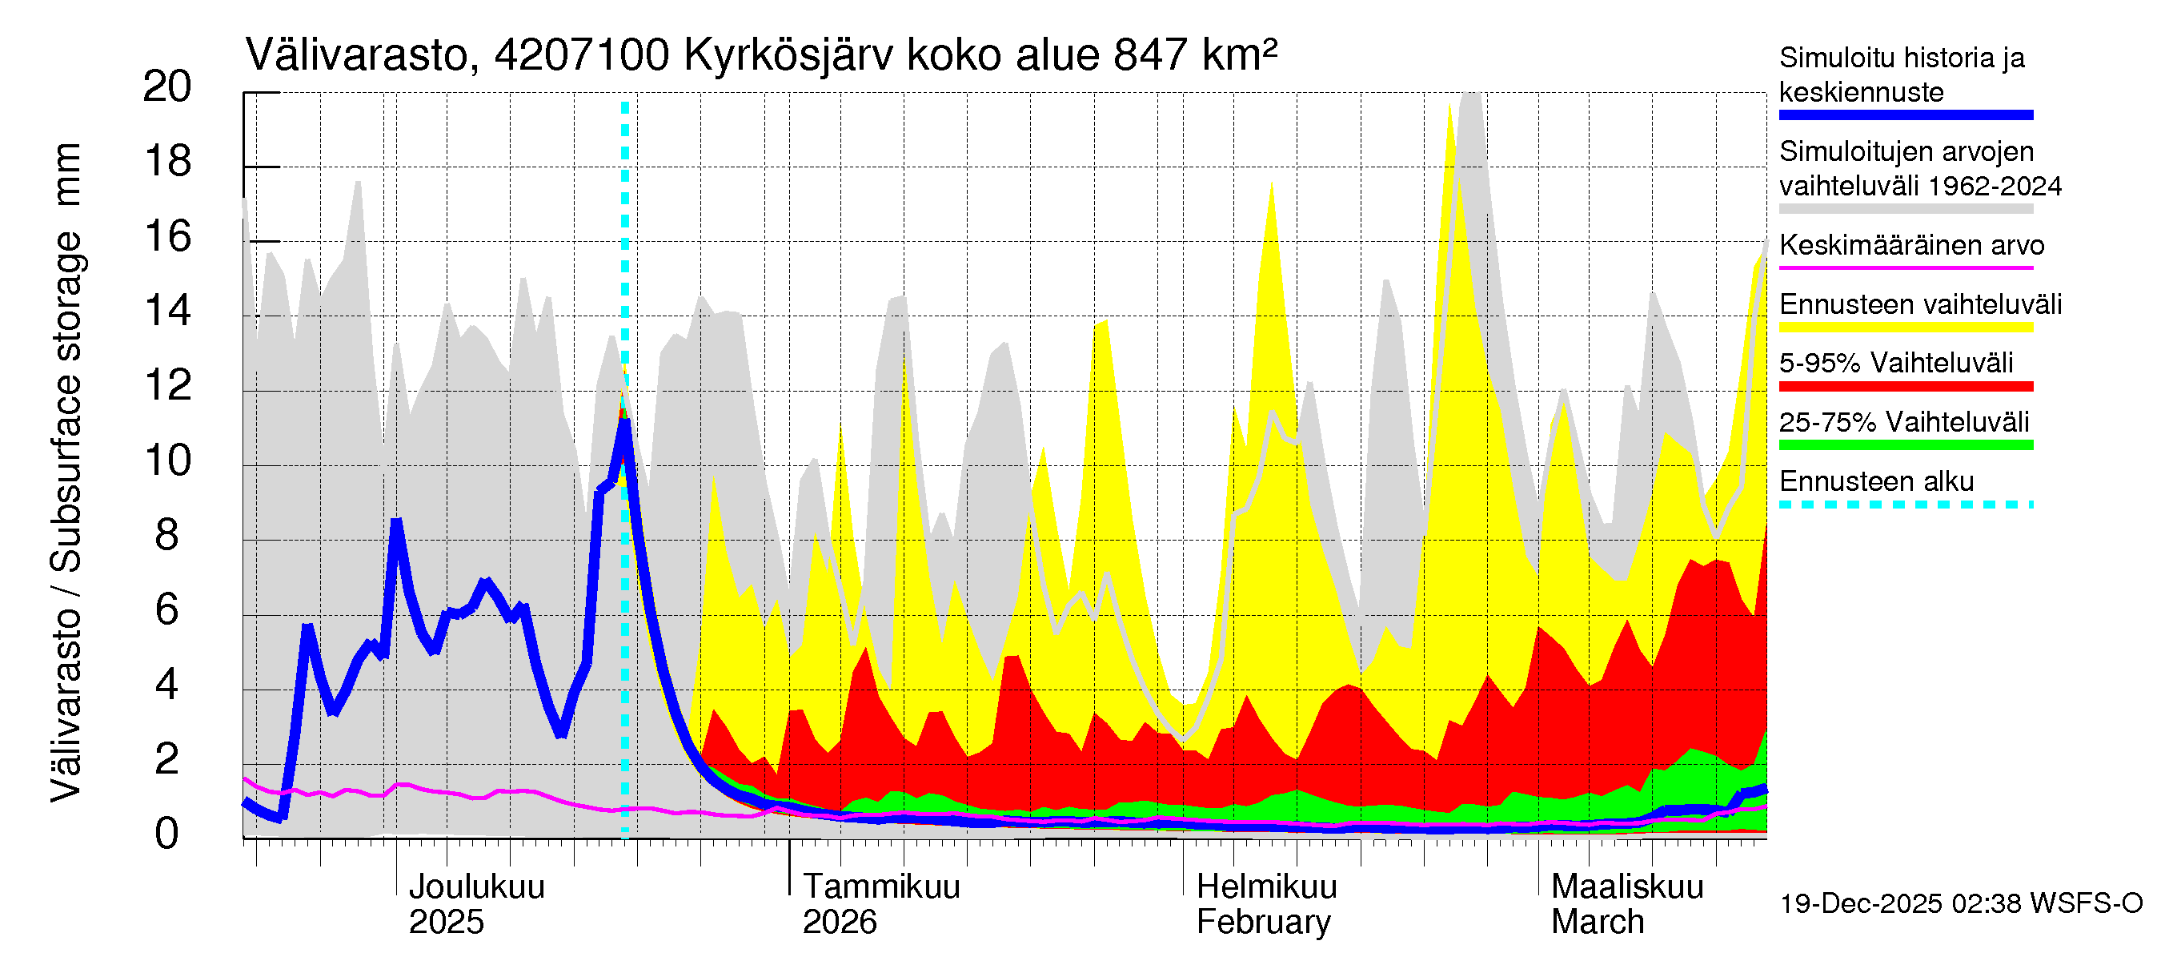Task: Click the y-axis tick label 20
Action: point(167,86)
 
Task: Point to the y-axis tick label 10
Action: point(167,460)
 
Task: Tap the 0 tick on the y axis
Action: point(167,834)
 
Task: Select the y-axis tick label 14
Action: point(167,312)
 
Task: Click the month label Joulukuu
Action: point(475,887)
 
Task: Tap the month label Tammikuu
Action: point(881,887)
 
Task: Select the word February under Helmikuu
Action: point(1262,923)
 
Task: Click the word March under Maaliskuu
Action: point(1598,923)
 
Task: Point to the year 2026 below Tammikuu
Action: point(839,923)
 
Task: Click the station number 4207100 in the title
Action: point(581,55)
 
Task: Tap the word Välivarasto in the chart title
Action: point(355,55)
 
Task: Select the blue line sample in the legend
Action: point(1905,115)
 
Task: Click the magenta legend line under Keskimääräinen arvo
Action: point(1905,267)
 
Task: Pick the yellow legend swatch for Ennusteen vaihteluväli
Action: point(1905,328)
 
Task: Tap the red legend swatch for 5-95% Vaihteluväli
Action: point(1905,386)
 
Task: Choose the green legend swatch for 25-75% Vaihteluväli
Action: point(1905,444)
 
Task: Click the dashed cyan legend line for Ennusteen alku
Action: point(1905,505)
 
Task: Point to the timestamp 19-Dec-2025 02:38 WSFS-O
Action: point(1960,904)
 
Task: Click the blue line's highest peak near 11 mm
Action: point(625,422)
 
